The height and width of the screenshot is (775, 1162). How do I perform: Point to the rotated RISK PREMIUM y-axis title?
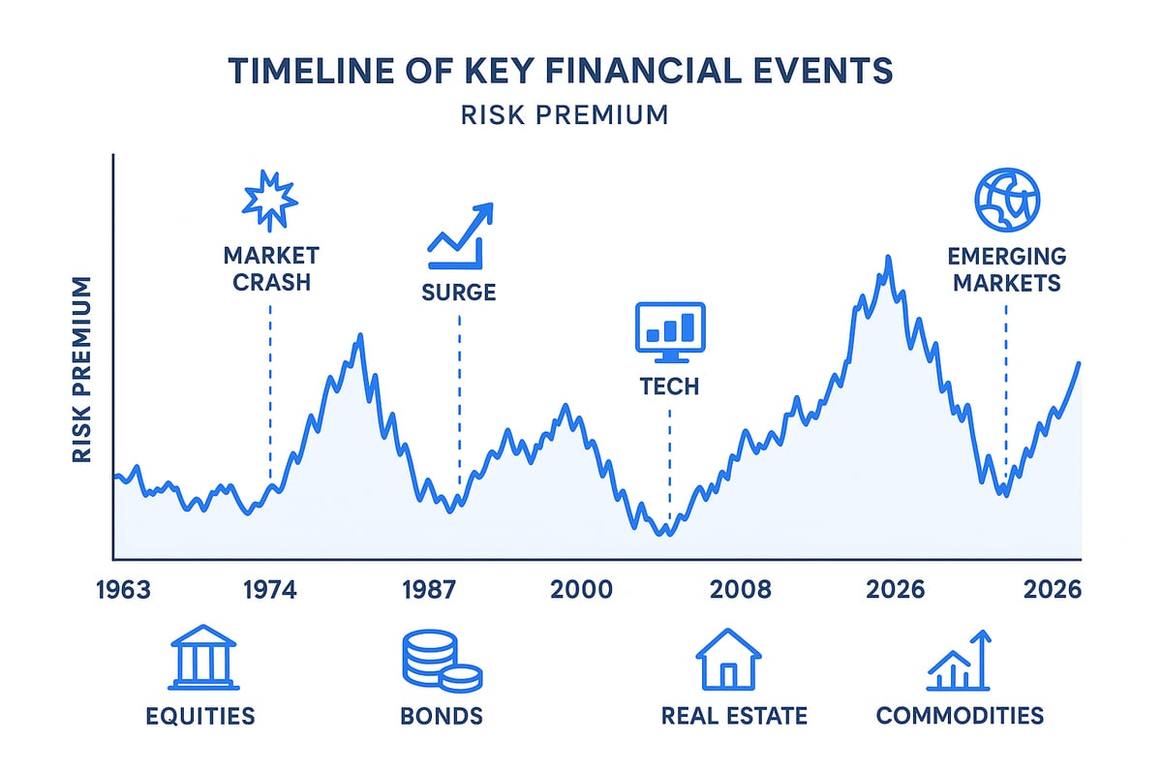pyautogui.click(x=82, y=370)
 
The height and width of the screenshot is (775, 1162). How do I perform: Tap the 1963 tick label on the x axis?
pyautogui.click(x=124, y=590)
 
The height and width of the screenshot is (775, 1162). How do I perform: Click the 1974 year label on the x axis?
pyautogui.click(x=268, y=590)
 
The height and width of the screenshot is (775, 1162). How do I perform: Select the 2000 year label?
pyautogui.click(x=581, y=590)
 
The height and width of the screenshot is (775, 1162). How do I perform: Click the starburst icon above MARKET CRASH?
pyautogui.click(x=269, y=198)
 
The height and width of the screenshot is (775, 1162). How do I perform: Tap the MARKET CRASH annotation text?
pyautogui.click(x=270, y=268)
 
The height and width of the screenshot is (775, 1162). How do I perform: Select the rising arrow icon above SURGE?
pyautogui.click(x=460, y=235)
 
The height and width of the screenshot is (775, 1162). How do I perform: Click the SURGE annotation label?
pyautogui.click(x=459, y=292)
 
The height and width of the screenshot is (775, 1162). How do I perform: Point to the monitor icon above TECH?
pyautogui.click(x=669, y=327)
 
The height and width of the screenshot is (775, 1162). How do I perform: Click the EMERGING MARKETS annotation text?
pyautogui.click(x=1006, y=270)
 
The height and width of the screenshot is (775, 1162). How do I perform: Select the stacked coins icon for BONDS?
pyautogui.click(x=441, y=661)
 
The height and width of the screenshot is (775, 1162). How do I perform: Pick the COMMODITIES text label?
pyautogui.click(x=960, y=716)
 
